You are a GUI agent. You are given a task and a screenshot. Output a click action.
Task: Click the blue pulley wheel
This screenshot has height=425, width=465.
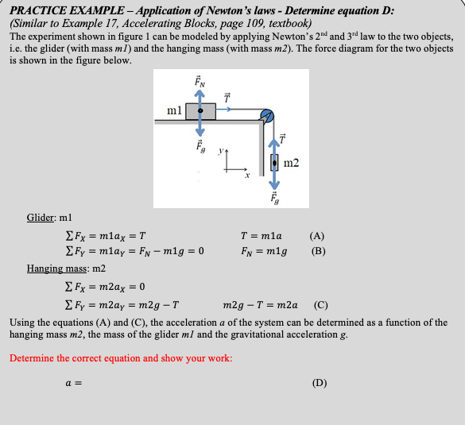(x=268, y=116)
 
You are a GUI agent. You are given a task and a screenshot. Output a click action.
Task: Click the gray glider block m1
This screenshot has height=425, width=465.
(x=200, y=110)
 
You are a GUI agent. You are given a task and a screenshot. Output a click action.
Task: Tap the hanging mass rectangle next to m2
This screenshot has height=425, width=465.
(x=274, y=164)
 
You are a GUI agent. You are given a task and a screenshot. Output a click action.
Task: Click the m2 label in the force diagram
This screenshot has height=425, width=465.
(x=291, y=164)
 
